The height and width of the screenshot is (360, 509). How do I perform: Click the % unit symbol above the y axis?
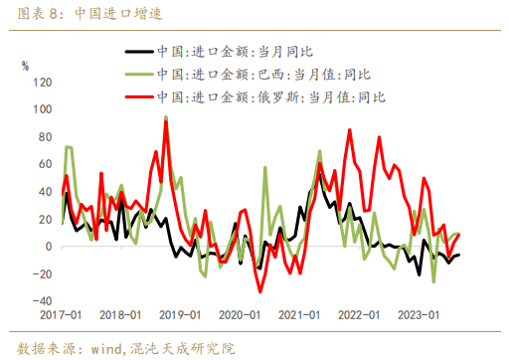click(x=26, y=66)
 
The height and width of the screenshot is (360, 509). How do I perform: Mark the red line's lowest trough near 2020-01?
click(x=260, y=291)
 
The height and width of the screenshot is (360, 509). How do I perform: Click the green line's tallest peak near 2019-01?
click(x=165, y=118)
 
